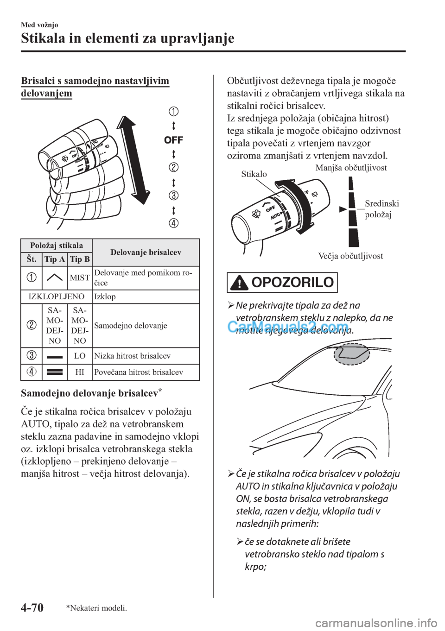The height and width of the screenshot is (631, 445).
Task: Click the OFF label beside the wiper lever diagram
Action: [x=173, y=139]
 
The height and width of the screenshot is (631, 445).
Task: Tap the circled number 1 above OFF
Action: [x=173, y=111]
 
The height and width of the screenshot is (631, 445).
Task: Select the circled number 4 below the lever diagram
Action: [x=173, y=223]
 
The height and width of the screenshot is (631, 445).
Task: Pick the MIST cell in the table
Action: [x=80, y=278]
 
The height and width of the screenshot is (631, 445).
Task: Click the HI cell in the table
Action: [x=80, y=372]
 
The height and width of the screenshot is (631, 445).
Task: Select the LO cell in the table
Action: [x=80, y=356]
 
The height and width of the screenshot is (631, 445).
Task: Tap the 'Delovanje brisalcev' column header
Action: [x=146, y=252]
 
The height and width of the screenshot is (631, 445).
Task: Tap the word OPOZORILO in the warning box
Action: [x=293, y=283]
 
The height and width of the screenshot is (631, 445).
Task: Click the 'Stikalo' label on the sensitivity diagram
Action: [x=254, y=174]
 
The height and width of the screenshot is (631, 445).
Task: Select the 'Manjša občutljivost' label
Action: [x=351, y=167]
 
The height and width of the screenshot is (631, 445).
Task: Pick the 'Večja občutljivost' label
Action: [x=350, y=256]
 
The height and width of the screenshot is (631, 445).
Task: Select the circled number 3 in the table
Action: [x=32, y=356]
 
